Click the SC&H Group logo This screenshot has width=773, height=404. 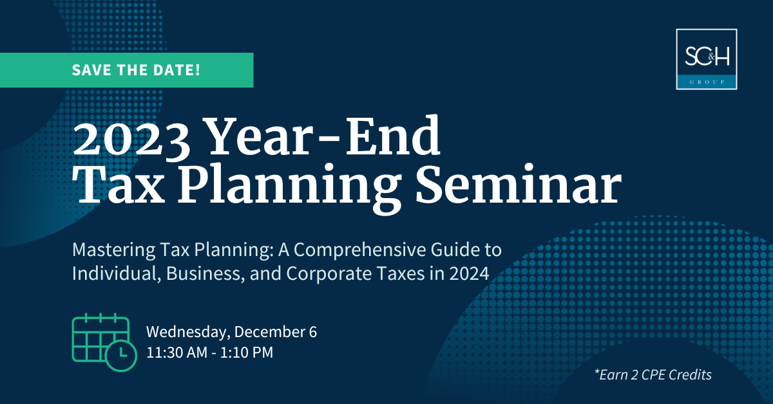(707, 59)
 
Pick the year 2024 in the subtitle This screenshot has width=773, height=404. (473, 273)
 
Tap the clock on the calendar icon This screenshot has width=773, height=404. (120, 354)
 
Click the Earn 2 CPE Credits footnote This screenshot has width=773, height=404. (653, 374)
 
